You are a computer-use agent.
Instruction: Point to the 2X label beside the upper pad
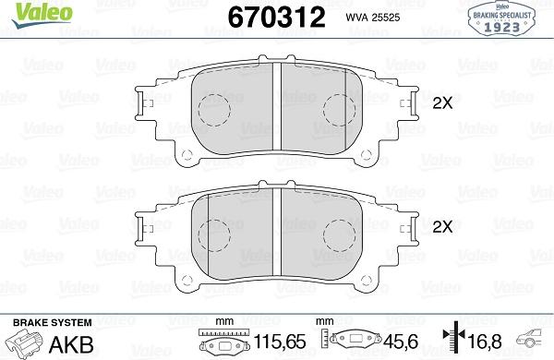point(442,104)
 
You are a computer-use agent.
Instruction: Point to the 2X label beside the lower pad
point(442,226)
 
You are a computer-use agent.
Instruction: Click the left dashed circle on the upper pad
point(214,112)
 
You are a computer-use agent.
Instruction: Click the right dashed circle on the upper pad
point(340,112)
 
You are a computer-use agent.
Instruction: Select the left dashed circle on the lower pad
point(214,234)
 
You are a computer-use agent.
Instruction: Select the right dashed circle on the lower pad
point(340,234)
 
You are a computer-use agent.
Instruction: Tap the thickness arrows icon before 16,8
point(452,342)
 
